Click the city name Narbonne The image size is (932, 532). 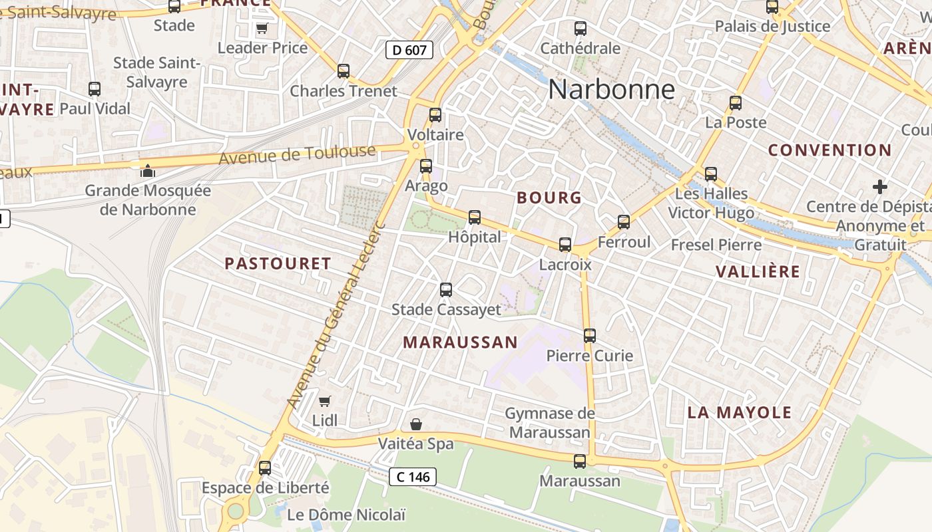pyautogui.click(x=611, y=90)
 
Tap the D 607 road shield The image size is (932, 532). pyautogui.click(x=409, y=49)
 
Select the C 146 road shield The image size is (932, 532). pyautogui.click(x=413, y=476)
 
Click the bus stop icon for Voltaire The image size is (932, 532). pyautogui.click(x=435, y=115)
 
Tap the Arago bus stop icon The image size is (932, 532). pyautogui.click(x=426, y=166)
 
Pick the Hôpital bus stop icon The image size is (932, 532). pyautogui.click(x=475, y=217)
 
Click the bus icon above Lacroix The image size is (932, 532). pyautogui.click(x=565, y=245)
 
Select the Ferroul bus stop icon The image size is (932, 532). pyautogui.click(x=624, y=222)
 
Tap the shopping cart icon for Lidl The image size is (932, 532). pyautogui.click(x=324, y=401)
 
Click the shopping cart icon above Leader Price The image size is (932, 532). pyautogui.click(x=262, y=29)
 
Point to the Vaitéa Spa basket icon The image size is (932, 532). pyautogui.click(x=416, y=424)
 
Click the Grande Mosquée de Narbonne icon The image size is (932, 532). pyautogui.click(x=147, y=171)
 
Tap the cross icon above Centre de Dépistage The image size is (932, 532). pyautogui.click(x=880, y=187)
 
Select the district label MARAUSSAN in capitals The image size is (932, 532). pyautogui.click(x=460, y=342)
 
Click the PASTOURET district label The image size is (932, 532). pyautogui.click(x=278, y=263)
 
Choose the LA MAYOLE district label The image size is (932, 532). pyautogui.click(x=739, y=412)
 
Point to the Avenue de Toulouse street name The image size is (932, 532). pyautogui.click(x=297, y=156)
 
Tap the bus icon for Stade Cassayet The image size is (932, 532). pyautogui.click(x=446, y=290)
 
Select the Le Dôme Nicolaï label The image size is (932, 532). pyautogui.click(x=346, y=515)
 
